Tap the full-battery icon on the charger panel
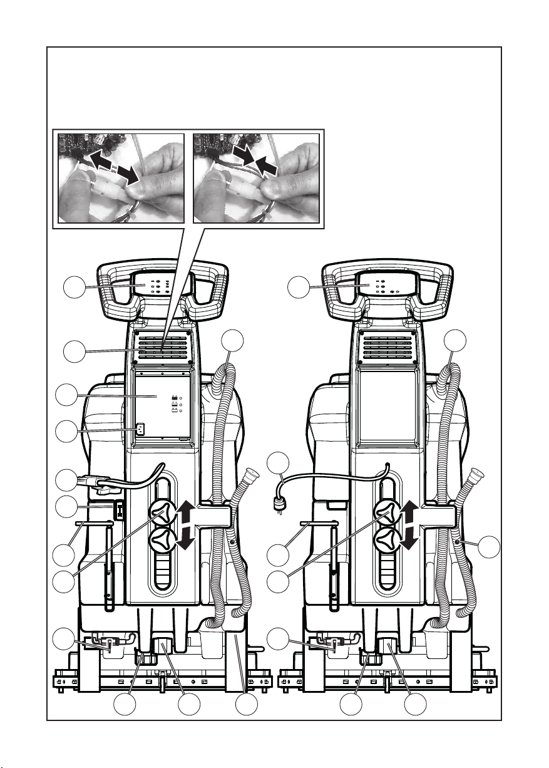[x=175, y=397]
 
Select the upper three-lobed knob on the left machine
[x=163, y=515]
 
